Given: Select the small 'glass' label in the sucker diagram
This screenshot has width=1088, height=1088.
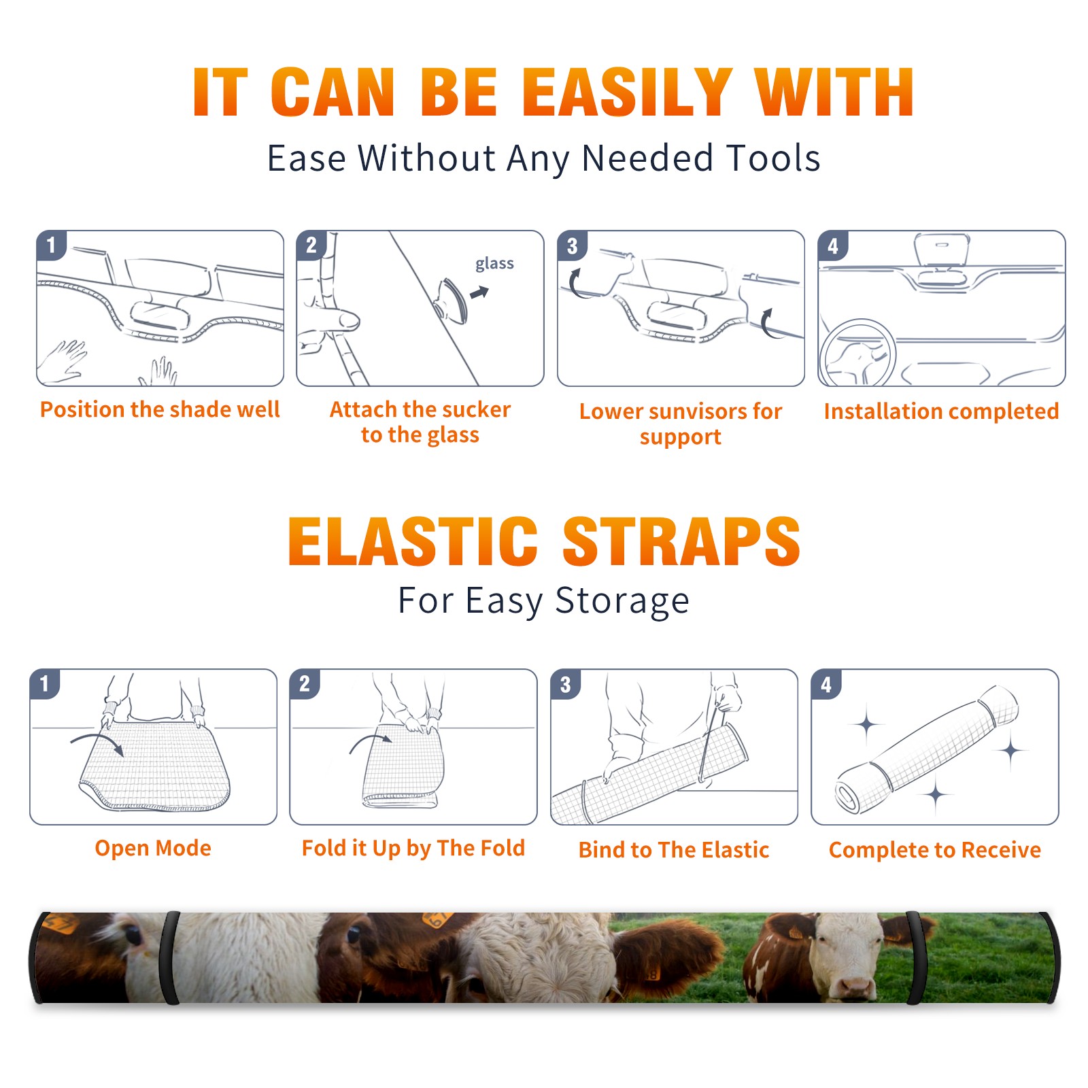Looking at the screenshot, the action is click(494, 263).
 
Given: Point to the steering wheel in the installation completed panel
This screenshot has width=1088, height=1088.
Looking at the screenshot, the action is click(857, 352).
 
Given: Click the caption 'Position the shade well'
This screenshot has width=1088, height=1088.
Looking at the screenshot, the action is click(160, 409).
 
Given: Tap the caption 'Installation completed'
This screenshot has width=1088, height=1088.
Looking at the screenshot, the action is click(941, 411).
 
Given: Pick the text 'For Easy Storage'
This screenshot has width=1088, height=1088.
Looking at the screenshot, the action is click(543, 600).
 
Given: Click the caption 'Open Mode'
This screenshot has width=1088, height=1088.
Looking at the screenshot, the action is click(153, 848).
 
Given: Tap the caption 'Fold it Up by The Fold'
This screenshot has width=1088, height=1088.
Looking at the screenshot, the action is click(413, 848).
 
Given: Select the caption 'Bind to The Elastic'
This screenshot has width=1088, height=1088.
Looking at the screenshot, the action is click(674, 849).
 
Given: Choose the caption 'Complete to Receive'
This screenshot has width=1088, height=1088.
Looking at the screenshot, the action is click(935, 849).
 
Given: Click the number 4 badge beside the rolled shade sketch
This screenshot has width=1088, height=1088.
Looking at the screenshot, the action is click(826, 685).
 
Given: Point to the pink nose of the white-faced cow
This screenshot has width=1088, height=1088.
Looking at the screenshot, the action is click(855, 985).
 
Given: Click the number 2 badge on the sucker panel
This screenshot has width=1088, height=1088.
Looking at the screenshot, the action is click(311, 245).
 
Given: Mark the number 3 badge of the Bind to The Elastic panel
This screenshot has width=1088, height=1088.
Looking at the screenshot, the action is click(565, 685).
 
